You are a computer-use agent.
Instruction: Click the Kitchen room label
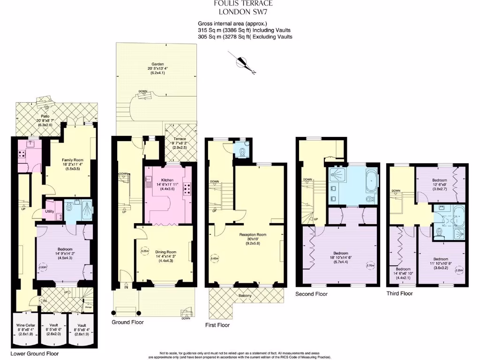(x=168, y=180)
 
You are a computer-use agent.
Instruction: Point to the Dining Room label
(x=165, y=252)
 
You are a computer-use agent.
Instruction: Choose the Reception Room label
(x=253, y=234)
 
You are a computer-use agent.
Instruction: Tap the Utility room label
(x=50, y=212)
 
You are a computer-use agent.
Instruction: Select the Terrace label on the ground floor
(x=180, y=139)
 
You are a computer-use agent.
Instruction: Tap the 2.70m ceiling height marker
(x=370, y=266)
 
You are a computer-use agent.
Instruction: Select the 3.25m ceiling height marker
(x=144, y=251)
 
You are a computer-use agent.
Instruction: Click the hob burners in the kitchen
(x=187, y=187)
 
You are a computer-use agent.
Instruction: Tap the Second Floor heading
(x=311, y=294)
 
